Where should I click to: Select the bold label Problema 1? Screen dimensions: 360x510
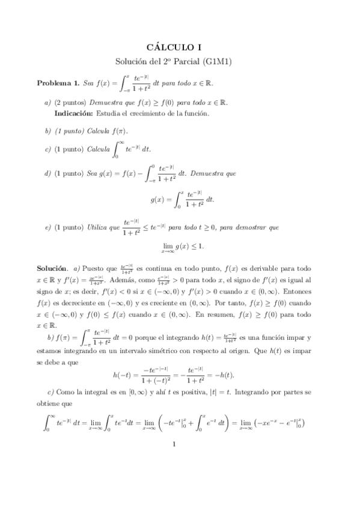pos(58,83)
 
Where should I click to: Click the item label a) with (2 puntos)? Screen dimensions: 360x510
pos(48,103)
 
